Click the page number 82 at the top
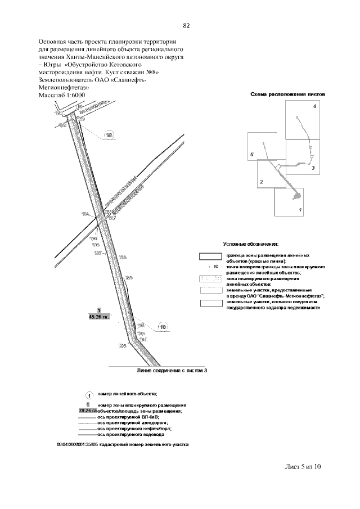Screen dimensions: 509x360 coord(187,26)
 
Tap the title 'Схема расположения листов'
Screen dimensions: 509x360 coord(287,95)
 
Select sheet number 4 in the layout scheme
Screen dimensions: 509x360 coord(315,106)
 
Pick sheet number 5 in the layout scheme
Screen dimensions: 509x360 coord(253,154)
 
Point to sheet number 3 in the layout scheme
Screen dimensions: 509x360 coord(312,168)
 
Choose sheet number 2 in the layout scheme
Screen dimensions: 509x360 coord(261,182)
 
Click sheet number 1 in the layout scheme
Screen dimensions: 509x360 coord(301,209)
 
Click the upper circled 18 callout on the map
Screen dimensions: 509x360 coord(109,135)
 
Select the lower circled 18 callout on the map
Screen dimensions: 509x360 coord(163,327)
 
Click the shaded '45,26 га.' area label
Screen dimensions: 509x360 coord(97,317)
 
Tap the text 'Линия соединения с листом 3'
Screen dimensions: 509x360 coord(168,372)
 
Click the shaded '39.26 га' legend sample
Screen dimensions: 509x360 coord(88,411)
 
